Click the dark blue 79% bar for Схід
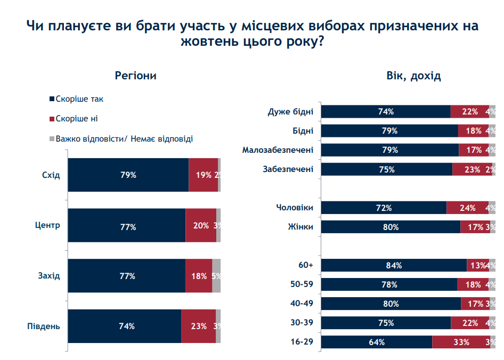pyautogui.click(x=128, y=175)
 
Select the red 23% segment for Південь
pyautogui.click(x=198, y=326)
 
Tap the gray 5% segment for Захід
pyautogui.click(x=216, y=276)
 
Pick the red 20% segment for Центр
pyautogui.click(x=201, y=226)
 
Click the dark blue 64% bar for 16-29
pyautogui.click(x=377, y=342)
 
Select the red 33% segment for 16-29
pyautogui.click(x=460, y=342)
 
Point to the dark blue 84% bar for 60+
pyautogui.click(x=394, y=265)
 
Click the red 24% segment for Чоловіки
pyautogui.click(x=467, y=208)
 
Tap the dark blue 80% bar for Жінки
pyautogui.click(x=391, y=227)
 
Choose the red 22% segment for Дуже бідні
pyautogui.click(x=469, y=112)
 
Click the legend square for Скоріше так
pyautogui.click(x=52, y=99)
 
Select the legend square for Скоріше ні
pyautogui.click(x=52, y=119)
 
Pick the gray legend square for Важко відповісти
pyautogui.click(x=52, y=139)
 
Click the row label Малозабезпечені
pyautogui.click(x=278, y=150)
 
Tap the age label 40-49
pyautogui.click(x=302, y=304)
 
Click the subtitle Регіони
pyautogui.click(x=136, y=76)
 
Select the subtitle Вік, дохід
pyautogui.click(x=413, y=76)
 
